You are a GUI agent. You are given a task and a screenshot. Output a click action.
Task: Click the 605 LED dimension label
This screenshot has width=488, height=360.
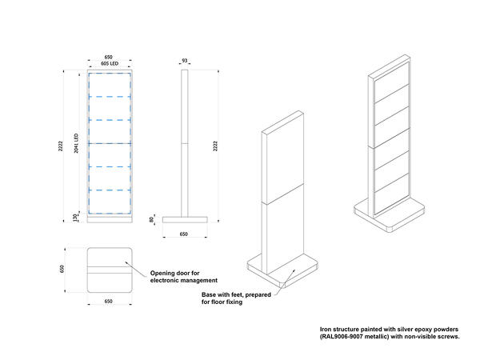coord(109,64)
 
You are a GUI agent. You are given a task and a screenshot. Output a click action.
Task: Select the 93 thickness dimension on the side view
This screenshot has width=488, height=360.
coord(185,60)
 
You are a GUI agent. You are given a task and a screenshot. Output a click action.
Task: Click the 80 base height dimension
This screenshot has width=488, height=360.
coord(151,219)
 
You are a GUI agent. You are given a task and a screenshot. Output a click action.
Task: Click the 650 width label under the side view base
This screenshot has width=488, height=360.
coord(185,234)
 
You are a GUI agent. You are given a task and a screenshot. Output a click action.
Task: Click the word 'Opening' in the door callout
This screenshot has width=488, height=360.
coord(164,274)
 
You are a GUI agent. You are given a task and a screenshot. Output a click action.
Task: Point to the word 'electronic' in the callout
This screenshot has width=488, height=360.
coord(166,281)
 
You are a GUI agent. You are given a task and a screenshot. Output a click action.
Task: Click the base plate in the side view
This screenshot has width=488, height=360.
coord(185,219)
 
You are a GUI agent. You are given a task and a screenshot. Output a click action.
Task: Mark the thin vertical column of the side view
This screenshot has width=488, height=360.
coord(185,144)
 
